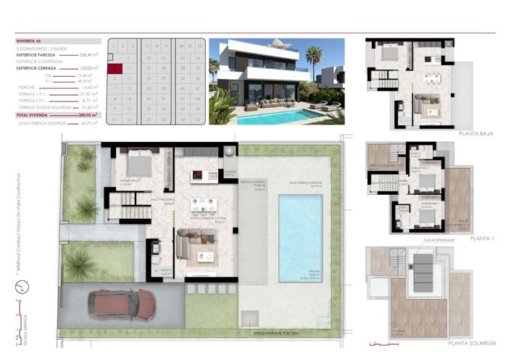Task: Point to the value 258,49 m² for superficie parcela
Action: (x=88, y=55)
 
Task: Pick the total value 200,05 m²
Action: (x=88, y=115)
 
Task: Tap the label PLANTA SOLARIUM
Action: (x=472, y=343)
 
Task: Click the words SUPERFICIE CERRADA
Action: (x=38, y=67)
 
